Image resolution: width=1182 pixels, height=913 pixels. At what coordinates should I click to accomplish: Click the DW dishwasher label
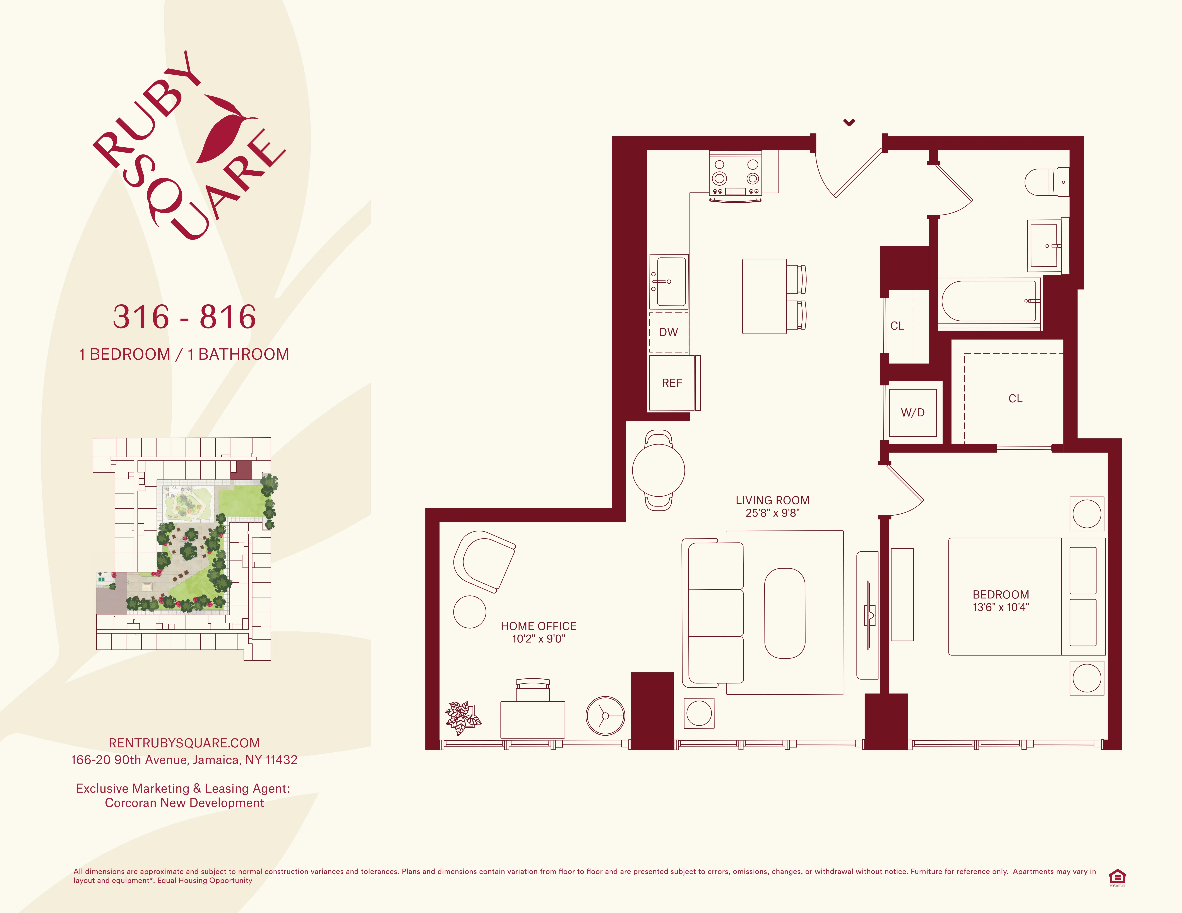(668, 332)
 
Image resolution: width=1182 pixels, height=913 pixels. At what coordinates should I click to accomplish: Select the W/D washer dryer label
(912, 413)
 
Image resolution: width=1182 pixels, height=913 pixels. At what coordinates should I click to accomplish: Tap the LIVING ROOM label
(772, 500)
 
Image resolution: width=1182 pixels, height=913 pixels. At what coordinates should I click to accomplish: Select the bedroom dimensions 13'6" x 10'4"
(1000, 607)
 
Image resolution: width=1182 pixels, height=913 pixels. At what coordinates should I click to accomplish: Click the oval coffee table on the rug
(784, 613)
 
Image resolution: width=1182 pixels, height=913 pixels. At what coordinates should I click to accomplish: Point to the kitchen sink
(669, 281)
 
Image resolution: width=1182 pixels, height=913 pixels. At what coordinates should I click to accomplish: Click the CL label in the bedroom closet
(1015, 399)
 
